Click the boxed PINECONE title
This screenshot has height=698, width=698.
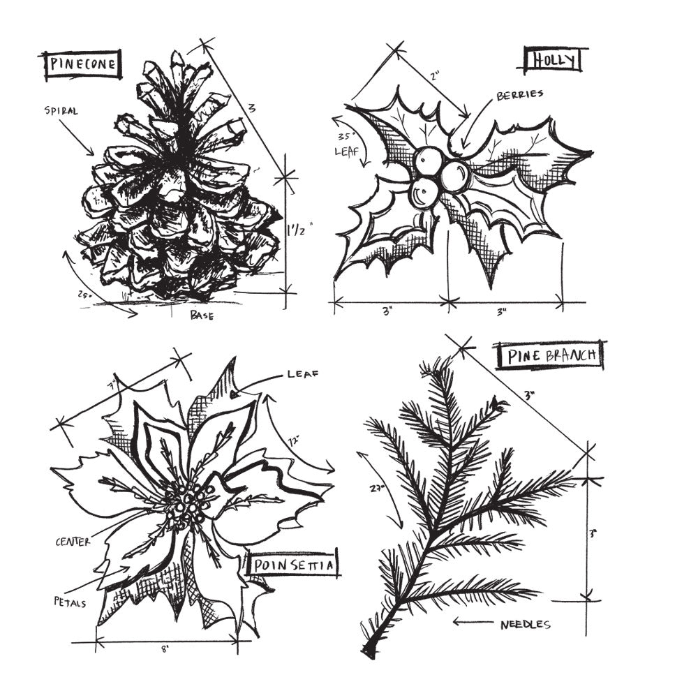click(x=82, y=65)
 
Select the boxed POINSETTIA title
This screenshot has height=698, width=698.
click(x=292, y=565)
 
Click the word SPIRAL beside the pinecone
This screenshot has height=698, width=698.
click(x=61, y=110)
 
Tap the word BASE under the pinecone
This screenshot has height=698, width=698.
click(x=202, y=315)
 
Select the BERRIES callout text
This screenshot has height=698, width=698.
click(x=519, y=95)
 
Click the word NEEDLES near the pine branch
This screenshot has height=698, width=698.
click(x=525, y=624)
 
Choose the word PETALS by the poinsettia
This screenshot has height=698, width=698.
click(x=70, y=601)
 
